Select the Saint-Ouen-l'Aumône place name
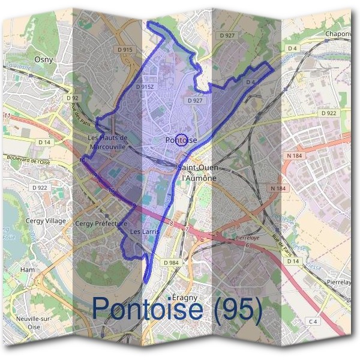coord(199,173)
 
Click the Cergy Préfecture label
coord(102,223)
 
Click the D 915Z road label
coord(145,87)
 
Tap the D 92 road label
coord(73,98)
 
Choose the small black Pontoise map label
coord(181,140)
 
